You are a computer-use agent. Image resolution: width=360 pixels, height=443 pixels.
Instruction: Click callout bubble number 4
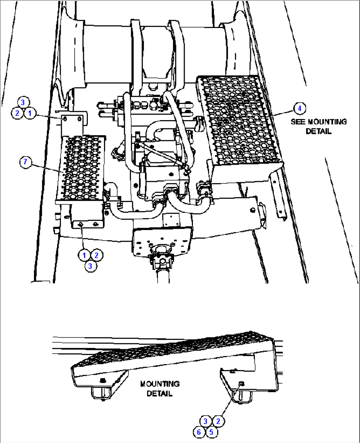pos(299,108)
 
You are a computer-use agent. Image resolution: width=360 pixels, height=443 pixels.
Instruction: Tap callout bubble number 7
pos(25,162)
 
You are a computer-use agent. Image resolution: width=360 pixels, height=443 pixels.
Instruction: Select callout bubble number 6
pos(199,432)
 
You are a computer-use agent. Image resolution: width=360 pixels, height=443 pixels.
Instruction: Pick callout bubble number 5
pos(211,432)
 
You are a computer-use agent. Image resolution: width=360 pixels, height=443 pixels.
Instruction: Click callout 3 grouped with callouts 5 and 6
pos(205,421)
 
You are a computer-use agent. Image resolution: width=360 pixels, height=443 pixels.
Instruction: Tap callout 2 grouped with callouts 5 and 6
pos(218,421)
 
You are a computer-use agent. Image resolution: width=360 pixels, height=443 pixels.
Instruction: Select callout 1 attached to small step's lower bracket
pos(84,255)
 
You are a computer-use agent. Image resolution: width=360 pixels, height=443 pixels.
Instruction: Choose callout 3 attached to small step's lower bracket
pos(90,266)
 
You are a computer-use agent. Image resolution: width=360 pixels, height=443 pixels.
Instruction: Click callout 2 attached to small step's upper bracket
pos(17,113)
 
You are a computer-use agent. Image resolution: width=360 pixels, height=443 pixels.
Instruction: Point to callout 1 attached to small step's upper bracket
pos(30,113)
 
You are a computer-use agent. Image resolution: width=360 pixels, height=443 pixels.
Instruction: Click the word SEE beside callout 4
pos(298,122)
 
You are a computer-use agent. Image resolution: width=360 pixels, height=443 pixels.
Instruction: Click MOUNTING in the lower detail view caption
pos(160,384)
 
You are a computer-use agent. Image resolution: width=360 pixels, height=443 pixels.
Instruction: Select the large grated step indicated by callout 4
pos(238,119)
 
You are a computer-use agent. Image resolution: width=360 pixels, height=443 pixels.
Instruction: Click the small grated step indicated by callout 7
pos(81,167)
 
